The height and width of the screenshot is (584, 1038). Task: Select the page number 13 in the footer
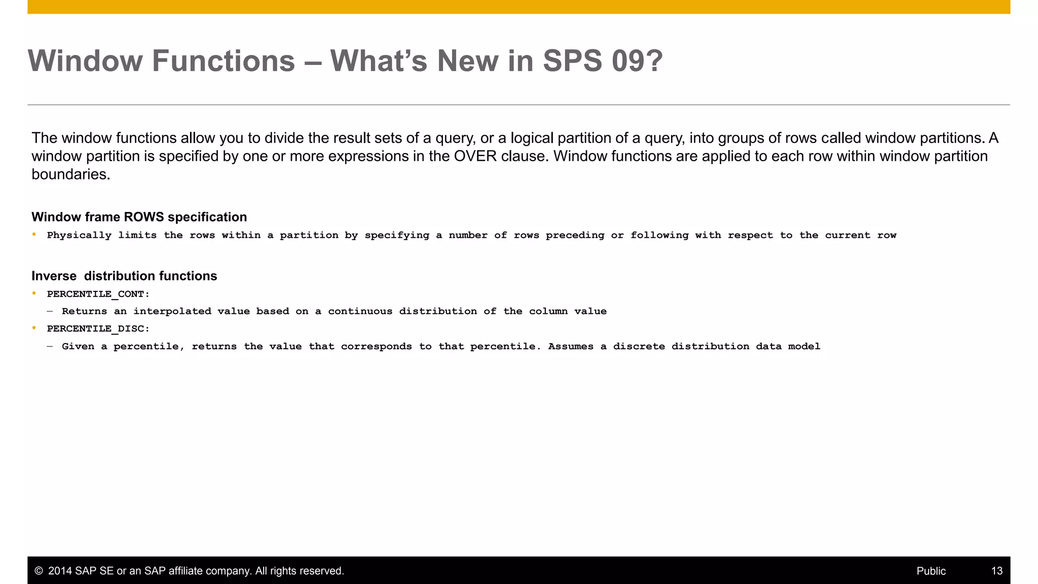996,571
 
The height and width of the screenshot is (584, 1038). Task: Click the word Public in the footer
931,571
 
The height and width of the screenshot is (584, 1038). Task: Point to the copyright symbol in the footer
39,571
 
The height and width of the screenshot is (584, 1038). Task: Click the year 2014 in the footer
60,571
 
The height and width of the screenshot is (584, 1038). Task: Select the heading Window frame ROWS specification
139,217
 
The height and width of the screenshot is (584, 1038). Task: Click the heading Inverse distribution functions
124,276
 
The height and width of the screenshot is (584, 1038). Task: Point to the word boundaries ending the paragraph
70,174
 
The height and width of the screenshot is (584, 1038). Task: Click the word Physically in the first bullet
79,235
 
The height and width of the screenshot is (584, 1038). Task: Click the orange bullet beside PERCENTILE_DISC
34,328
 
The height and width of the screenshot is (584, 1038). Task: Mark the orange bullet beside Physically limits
34,234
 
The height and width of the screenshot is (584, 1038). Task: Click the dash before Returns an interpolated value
50,311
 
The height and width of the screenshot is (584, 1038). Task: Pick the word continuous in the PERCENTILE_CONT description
360,311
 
